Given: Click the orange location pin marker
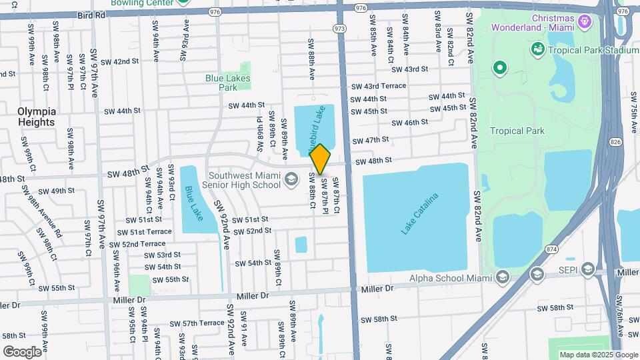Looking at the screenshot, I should (320, 159).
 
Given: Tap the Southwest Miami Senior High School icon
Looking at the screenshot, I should (291, 179).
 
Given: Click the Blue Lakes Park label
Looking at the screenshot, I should (221, 83).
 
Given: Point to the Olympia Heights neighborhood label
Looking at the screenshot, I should (37, 117).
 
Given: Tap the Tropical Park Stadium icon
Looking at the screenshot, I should (537, 49).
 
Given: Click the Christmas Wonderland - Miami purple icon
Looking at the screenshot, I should (585, 23).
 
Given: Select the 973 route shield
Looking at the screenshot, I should (340, 29).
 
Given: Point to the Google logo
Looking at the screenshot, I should (23, 351).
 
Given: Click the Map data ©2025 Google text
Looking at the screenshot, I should (598, 355).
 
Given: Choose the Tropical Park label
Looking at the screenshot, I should (517, 131).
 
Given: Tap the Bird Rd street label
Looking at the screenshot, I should (91, 14).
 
